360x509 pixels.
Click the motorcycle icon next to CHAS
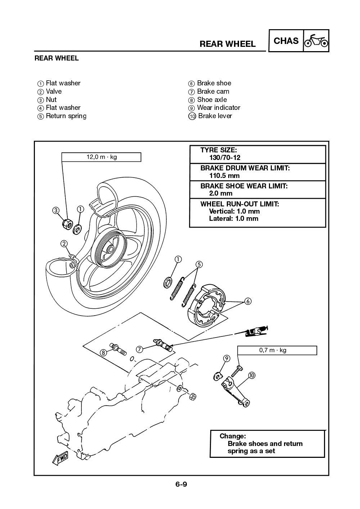tap(316, 41)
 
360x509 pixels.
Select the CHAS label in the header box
tap(286, 41)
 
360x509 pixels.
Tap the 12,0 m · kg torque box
tap(101, 157)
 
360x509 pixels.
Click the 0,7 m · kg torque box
tap(277, 350)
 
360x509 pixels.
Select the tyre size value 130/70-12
tap(225, 157)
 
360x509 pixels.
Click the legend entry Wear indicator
tap(218, 108)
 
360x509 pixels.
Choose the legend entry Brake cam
tap(213, 91)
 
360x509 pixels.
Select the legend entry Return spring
tap(66, 116)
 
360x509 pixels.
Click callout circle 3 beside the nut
tap(56, 210)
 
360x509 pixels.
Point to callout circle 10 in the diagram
tap(251, 375)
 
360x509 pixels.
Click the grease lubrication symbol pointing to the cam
tap(257, 331)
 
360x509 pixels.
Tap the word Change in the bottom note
tap(233, 436)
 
